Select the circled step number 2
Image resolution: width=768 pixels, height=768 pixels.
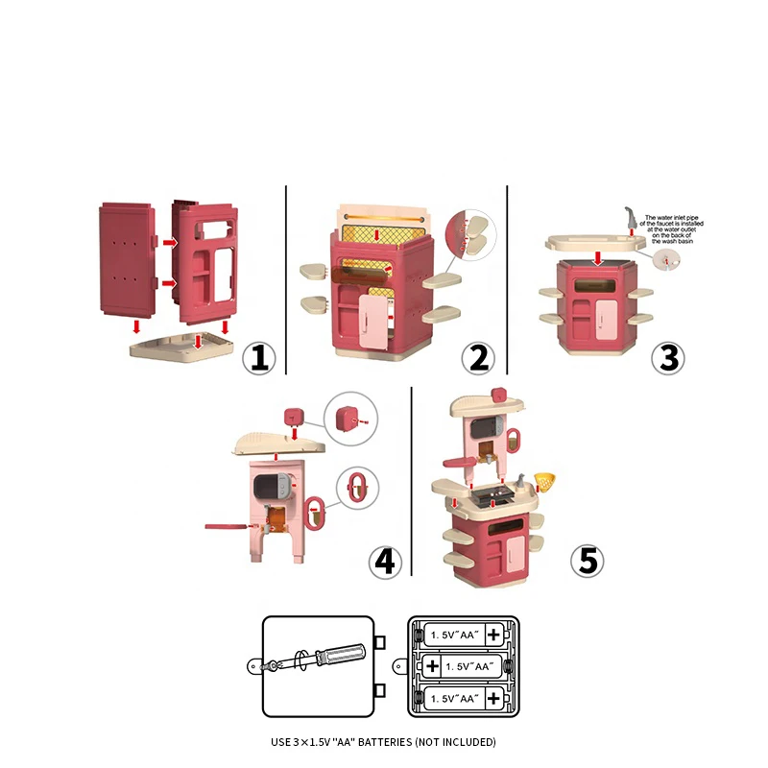point(477,357)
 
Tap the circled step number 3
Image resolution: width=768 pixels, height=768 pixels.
point(668,357)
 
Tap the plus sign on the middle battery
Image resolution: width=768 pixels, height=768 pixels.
point(433,665)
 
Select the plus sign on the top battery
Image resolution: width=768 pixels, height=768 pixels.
point(493,635)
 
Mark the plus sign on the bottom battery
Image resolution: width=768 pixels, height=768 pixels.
point(493,697)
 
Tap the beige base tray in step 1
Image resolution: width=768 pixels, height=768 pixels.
point(182,346)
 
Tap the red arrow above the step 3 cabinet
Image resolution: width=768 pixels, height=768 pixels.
point(598,256)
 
